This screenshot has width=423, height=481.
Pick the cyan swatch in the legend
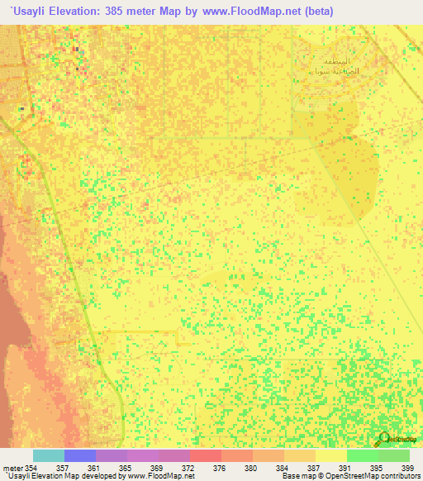(x=48, y=455)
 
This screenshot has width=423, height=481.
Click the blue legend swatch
(x=80, y=455)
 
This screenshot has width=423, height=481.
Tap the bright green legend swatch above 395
(x=362, y=455)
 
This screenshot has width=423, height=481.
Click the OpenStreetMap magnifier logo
(x=383, y=440)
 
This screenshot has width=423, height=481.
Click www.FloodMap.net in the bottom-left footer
(x=166, y=476)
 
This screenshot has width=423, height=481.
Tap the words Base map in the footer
(x=296, y=476)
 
